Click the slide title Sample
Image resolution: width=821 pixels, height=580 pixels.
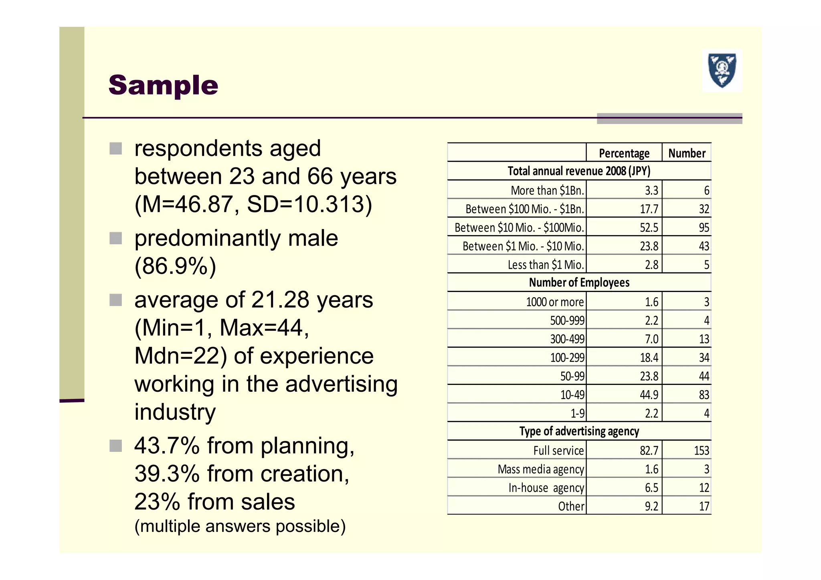point(163,85)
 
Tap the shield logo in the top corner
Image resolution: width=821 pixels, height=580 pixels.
point(722,71)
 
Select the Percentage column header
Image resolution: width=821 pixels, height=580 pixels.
point(624,153)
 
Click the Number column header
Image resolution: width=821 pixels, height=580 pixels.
point(687,153)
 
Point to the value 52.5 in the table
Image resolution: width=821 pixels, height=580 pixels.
point(649,228)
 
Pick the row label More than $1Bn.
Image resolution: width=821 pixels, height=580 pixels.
point(547,190)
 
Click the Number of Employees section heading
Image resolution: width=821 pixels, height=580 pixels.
point(579,282)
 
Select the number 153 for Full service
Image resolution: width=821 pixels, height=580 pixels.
point(702,451)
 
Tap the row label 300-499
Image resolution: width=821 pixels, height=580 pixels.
point(567,339)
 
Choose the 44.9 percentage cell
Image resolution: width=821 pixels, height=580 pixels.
point(649,395)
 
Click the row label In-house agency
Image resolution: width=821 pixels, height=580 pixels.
point(546,488)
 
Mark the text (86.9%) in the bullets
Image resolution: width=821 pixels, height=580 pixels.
point(175,266)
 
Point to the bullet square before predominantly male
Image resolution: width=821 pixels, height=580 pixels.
point(116,238)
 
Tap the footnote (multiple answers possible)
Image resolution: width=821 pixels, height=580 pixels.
point(240,526)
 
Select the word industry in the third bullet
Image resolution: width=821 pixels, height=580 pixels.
point(175,412)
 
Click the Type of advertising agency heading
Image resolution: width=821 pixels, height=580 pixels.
point(579,431)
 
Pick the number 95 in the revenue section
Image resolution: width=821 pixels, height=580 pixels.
point(704,228)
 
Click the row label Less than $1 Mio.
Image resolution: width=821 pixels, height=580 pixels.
point(546,265)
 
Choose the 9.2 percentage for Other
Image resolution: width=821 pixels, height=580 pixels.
point(651,506)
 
